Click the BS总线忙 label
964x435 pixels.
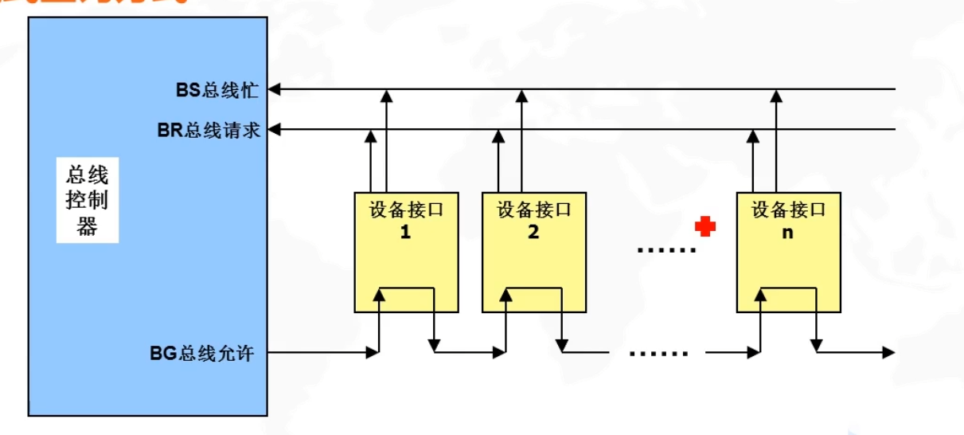click(x=217, y=89)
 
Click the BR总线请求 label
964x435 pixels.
click(x=209, y=130)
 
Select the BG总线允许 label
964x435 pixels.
click(x=202, y=352)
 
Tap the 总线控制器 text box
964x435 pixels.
click(x=87, y=200)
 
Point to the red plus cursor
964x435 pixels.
click(x=704, y=227)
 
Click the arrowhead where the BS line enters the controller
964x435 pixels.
click(x=275, y=89)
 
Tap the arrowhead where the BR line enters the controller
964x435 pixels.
click(x=275, y=129)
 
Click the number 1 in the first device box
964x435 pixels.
click(x=405, y=233)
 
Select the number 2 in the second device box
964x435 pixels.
click(x=533, y=233)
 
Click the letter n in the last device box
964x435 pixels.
click(x=788, y=233)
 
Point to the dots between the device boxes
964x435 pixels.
click(x=666, y=250)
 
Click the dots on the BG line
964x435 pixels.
click(x=658, y=352)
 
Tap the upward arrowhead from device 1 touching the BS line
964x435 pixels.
click(x=386, y=96)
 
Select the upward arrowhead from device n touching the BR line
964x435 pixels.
click(x=753, y=135)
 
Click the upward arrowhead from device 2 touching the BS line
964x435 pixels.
click(x=521, y=96)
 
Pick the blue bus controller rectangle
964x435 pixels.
click(x=147, y=319)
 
